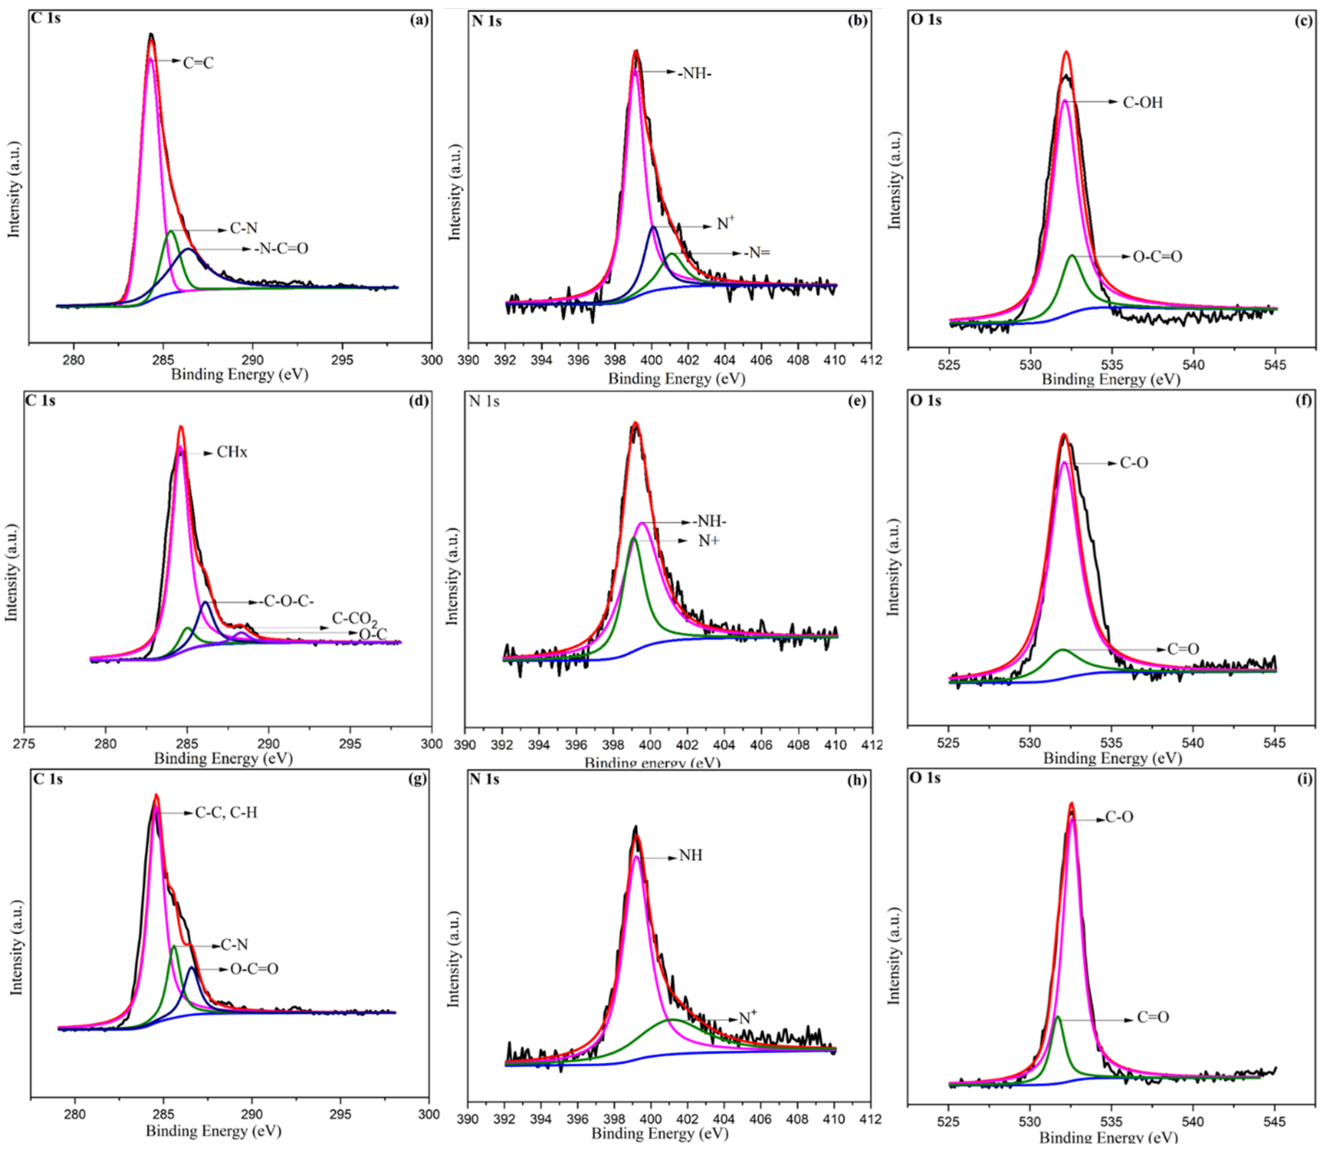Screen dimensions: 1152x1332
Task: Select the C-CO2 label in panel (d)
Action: [x=354, y=619]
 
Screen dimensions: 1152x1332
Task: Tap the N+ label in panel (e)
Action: [x=709, y=542]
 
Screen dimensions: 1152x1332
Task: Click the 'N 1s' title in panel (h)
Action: [x=485, y=780]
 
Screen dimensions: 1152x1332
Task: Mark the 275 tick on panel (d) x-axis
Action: [x=24, y=744]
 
